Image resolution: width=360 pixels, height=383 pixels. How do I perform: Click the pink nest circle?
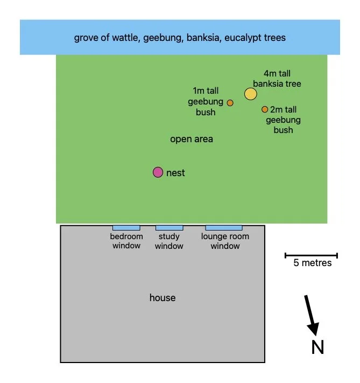pos(158,172)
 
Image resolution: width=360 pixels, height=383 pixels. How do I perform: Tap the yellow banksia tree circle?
pos(251,94)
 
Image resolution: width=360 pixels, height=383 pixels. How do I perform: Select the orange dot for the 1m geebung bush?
pos(230,102)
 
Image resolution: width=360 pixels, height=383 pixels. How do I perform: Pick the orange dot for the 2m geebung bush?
pos(265,109)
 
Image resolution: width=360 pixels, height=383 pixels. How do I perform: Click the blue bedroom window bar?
pos(126,228)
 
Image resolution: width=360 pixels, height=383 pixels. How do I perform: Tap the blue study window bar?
pos(169,228)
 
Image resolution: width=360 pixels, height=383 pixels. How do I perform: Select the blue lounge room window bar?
pos(223,228)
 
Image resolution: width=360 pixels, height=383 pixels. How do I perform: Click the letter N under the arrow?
pos(318,347)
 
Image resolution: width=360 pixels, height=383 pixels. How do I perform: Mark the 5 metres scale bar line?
pos(311,255)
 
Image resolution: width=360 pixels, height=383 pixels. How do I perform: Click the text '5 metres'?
pos(312,263)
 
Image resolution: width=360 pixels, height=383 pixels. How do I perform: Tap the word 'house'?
pos(163,298)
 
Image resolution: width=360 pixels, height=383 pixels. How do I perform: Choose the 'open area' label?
pos(192,139)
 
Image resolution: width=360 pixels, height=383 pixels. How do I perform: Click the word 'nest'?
pos(176,173)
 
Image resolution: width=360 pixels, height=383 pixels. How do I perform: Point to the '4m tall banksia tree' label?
pos(277,79)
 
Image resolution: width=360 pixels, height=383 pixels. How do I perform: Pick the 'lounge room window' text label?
pos(225,241)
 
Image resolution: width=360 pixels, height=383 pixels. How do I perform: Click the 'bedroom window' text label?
pos(126,241)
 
